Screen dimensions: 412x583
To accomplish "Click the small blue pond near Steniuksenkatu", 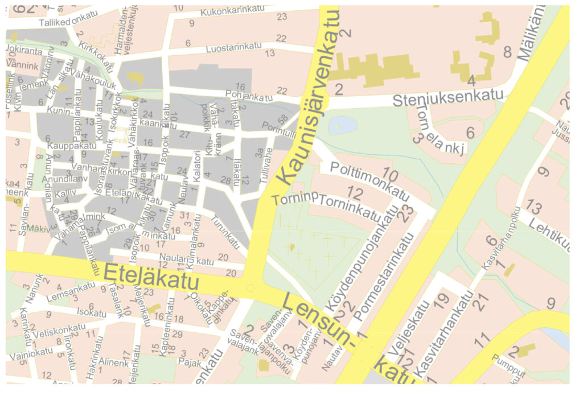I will pos(342,125).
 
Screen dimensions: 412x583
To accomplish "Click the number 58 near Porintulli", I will pos(282,119).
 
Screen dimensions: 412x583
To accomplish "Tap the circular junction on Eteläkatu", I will pos(250,289).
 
